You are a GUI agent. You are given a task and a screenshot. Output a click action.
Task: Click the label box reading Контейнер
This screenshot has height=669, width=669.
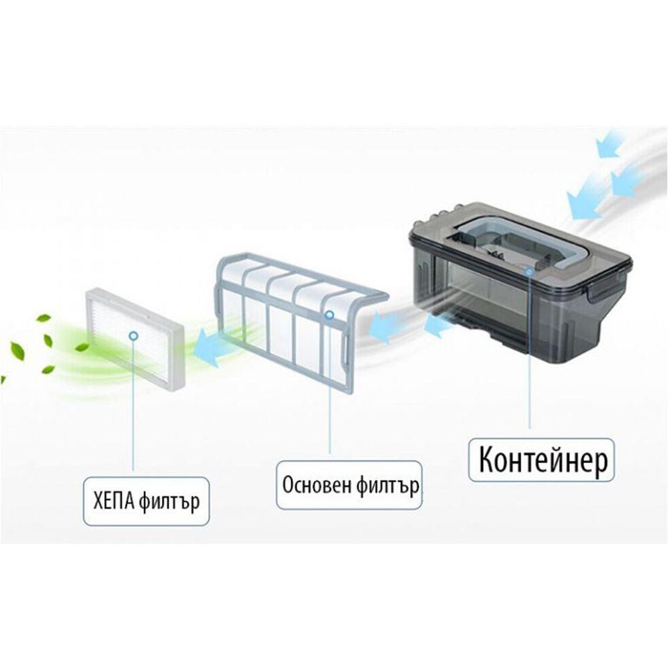pos(541,460)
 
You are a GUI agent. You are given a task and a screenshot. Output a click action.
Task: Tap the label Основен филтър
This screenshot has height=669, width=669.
pos(350,485)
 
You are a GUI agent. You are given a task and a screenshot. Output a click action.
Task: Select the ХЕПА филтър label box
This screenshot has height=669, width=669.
pos(146,501)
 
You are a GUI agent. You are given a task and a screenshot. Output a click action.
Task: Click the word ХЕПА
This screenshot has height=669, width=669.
pos(113,500)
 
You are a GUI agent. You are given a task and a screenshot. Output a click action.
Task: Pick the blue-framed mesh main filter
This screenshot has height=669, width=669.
pos(301,320)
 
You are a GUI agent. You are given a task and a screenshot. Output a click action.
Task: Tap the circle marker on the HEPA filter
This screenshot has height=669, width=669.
pos(134,336)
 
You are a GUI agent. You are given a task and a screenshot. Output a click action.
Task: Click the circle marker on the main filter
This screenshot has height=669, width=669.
pos(329,315)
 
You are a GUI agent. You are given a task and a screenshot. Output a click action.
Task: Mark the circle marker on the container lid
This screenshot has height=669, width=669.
pos(529,272)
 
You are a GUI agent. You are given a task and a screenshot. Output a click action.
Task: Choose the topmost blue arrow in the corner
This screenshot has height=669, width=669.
pos(610,143)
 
